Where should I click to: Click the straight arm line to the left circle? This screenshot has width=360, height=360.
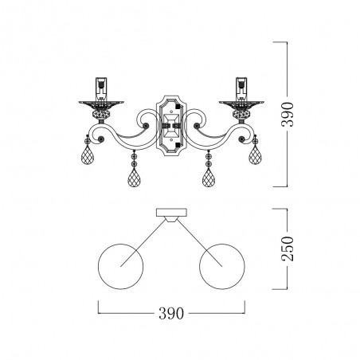pos(143,238)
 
